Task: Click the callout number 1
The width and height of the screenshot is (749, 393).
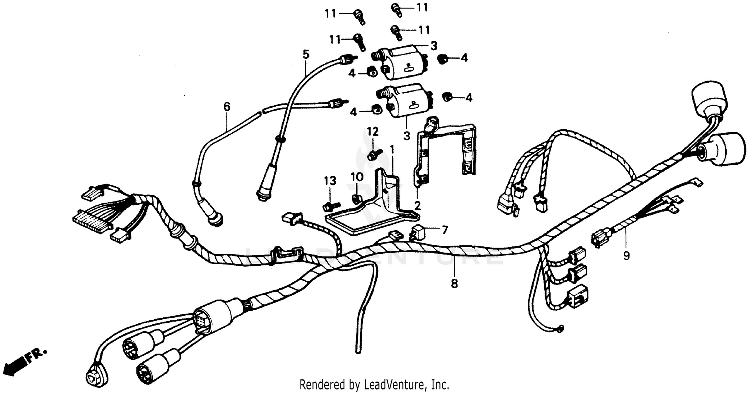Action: point(392,149)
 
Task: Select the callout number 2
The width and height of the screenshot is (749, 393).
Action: point(417,205)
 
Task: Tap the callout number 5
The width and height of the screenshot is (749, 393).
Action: point(306,54)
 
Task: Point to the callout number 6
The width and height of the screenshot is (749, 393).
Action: point(227,107)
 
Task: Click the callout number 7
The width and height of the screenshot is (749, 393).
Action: point(444,230)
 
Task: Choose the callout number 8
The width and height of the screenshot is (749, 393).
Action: point(454,284)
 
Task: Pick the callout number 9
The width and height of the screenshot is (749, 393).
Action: point(626,256)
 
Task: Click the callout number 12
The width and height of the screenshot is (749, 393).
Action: point(373,132)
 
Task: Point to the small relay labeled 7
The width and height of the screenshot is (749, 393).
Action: point(418,231)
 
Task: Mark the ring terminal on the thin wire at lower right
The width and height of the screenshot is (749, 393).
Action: point(560,328)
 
